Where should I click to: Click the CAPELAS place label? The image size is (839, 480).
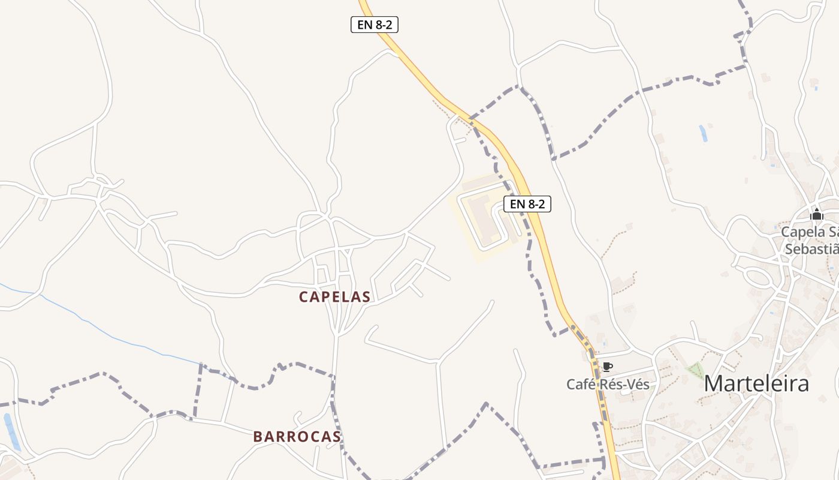(x=334, y=296)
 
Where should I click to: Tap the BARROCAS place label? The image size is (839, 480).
(x=297, y=436)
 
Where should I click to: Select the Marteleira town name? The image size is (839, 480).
(x=756, y=383)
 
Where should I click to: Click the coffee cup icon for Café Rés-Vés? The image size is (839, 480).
(x=607, y=367)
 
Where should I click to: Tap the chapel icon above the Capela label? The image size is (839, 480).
(x=816, y=214)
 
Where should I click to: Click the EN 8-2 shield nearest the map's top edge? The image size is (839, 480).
(x=375, y=25)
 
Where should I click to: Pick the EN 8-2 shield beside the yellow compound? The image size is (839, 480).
(x=527, y=204)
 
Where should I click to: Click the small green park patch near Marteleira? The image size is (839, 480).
(x=695, y=370)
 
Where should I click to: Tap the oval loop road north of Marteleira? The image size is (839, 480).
(x=758, y=277)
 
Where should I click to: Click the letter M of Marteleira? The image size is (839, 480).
(x=713, y=383)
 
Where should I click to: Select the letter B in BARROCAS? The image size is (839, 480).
(x=257, y=436)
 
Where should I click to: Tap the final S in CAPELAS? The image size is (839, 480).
(x=366, y=296)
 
